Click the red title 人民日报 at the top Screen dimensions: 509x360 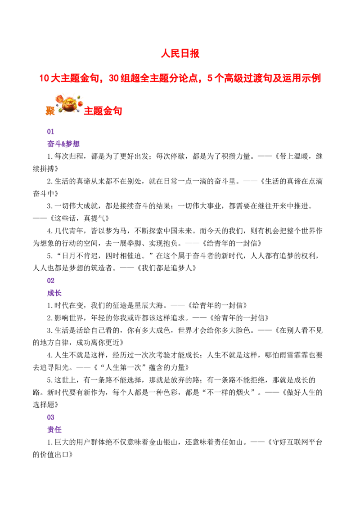[180, 54]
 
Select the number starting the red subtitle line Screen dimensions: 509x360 [44, 78]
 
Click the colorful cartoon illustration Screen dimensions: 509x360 [69, 103]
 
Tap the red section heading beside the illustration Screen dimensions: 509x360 [103, 111]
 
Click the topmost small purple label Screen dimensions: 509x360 [50, 131]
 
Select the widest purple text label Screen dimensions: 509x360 [64, 144]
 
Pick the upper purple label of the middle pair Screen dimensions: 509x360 [51, 281]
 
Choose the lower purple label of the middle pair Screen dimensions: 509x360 [55, 294]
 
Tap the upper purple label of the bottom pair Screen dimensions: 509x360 [51, 417]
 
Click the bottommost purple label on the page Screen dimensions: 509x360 [55, 430]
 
